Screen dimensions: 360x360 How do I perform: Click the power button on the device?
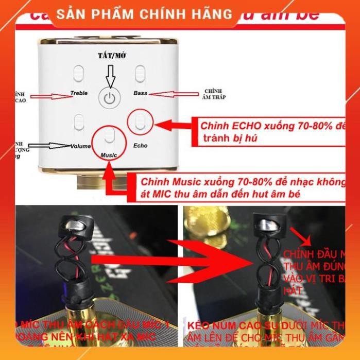[x=108, y=98]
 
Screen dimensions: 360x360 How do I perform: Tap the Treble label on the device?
[x=79, y=93]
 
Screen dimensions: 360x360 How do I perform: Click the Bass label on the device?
[x=140, y=93]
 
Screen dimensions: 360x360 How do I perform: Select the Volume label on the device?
[x=80, y=146]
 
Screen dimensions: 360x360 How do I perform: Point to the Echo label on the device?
[x=140, y=145]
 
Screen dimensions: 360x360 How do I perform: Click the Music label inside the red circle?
[x=109, y=155]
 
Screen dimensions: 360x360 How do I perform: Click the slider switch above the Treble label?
[x=78, y=73]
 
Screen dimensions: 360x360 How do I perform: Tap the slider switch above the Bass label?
[x=140, y=73]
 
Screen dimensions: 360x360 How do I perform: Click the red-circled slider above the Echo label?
[x=140, y=122]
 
